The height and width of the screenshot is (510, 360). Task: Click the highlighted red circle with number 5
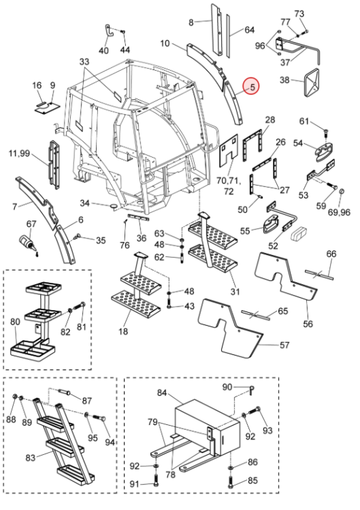tap(252, 86)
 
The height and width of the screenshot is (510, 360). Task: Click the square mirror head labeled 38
tap(312, 82)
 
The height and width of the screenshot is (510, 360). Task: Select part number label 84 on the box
tap(162, 392)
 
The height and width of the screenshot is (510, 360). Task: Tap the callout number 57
tap(284, 345)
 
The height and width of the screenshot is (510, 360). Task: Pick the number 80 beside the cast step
tap(16, 322)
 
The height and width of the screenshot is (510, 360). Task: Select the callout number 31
tap(235, 292)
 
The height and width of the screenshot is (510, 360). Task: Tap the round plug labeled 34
tap(114, 206)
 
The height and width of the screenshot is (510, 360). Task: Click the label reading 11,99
tap(20, 153)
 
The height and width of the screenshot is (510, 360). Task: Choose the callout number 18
tap(123, 331)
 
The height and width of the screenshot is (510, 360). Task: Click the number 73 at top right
tap(299, 14)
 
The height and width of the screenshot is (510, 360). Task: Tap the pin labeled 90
tap(252, 390)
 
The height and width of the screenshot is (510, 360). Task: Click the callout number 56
tap(308, 324)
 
